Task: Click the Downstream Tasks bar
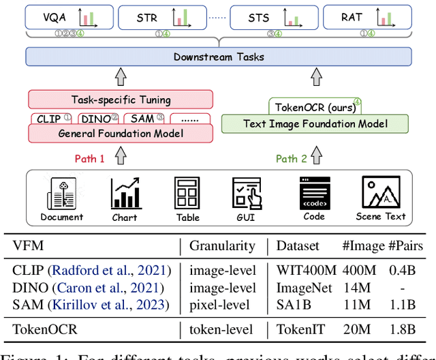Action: click(217, 57)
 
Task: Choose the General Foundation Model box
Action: click(121, 132)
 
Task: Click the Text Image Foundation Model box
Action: click(316, 124)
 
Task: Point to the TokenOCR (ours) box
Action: click(313, 107)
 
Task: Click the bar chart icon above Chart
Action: click(125, 194)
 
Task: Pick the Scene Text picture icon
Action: click(380, 193)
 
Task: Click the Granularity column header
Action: click(223, 245)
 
